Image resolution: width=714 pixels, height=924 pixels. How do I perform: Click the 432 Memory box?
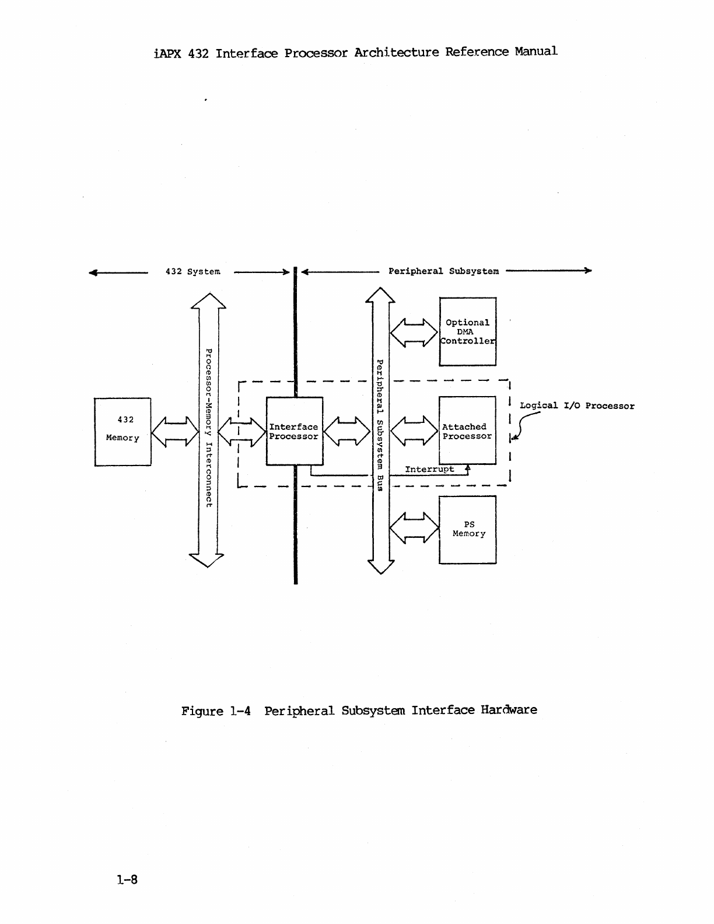(x=123, y=432)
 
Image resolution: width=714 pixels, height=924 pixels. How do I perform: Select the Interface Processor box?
(x=294, y=431)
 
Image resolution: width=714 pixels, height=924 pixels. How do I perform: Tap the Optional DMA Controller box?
(x=467, y=331)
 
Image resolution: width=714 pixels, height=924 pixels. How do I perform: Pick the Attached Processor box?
(x=467, y=431)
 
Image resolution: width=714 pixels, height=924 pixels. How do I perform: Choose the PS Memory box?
(x=467, y=529)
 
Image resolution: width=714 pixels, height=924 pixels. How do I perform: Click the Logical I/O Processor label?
(x=577, y=406)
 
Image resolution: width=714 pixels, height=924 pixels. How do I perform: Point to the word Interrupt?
(x=429, y=469)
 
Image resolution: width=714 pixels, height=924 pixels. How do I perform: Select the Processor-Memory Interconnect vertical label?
(x=208, y=428)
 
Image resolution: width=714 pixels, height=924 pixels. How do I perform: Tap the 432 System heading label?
(x=192, y=272)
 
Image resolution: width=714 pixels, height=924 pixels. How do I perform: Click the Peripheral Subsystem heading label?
(x=443, y=271)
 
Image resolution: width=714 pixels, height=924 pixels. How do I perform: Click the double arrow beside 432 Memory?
(x=175, y=432)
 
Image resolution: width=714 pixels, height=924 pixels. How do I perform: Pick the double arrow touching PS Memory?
(x=414, y=527)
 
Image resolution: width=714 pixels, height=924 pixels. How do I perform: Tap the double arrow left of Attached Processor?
(x=414, y=432)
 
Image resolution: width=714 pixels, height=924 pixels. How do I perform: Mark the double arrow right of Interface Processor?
(x=346, y=432)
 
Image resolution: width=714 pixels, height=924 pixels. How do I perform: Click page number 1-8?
(x=127, y=880)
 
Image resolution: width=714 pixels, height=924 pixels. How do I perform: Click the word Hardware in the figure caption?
(x=509, y=710)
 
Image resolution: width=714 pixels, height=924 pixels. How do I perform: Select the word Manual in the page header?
(x=535, y=51)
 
